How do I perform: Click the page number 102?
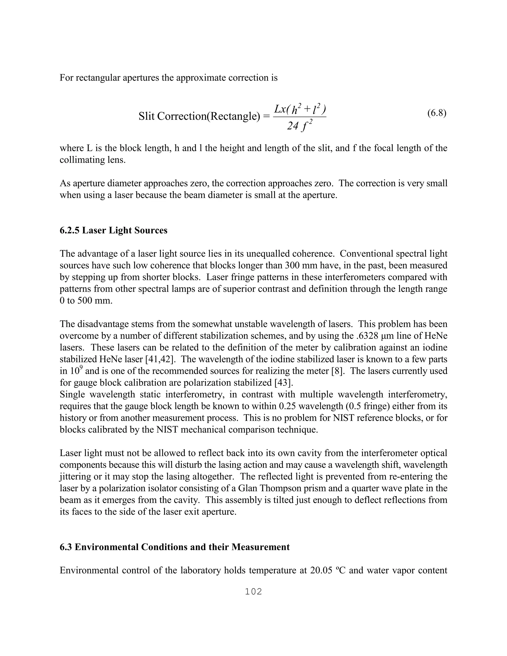pos(253,591)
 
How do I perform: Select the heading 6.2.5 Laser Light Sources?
pos(114,230)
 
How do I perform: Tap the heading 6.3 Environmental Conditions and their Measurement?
pos(175,547)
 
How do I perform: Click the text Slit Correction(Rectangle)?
pos(199,116)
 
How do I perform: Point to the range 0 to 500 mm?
pos(86,301)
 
